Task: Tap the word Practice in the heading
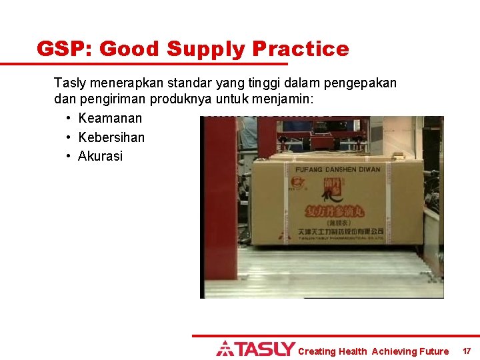[x=301, y=49]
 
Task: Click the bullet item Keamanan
[x=110, y=119]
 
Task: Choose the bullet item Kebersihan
[x=111, y=137]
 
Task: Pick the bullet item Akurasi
[x=101, y=156]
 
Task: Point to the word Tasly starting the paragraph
[x=69, y=83]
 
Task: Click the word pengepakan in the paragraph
[x=363, y=83]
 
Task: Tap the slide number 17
[x=467, y=351]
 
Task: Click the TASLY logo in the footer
[x=255, y=349]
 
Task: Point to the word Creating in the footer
[x=317, y=351]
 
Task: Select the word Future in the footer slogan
[x=434, y=351]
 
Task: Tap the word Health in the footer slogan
[x=353, y=351]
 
